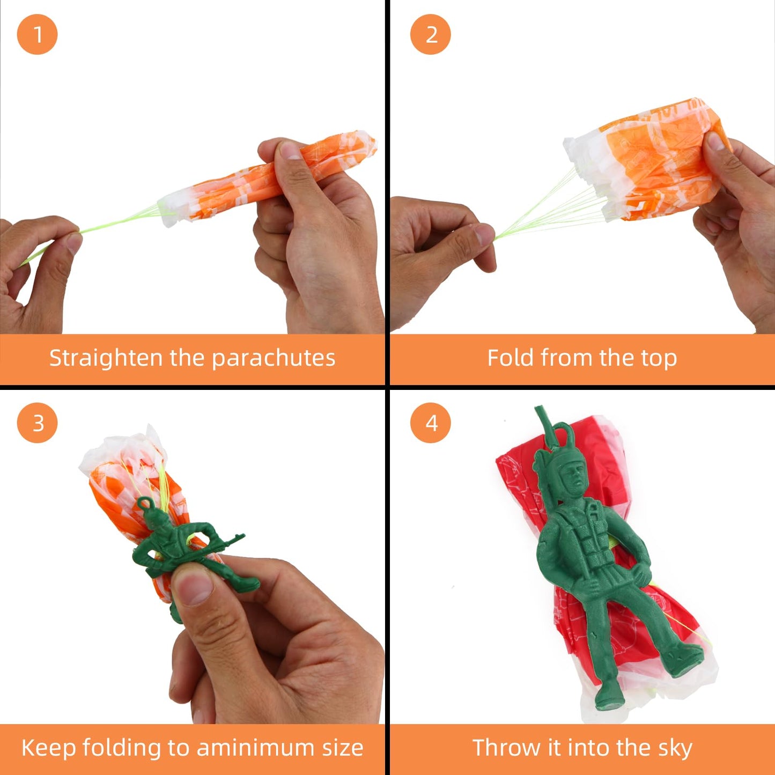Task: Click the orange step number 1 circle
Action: pyautogui.click(x=37, y=35)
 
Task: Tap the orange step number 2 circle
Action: pyautogui.click(x=430, y=35)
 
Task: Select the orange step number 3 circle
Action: pyautogui.click(x=37, y=423)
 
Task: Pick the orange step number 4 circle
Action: pyautogui.click(x=430, y=423)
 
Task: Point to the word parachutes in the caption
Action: pyautogui.click(x=274, y=358)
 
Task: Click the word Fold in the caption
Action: pyautogui.click(x=511, y=358)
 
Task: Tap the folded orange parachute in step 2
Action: pyautogui.click(x=654, y=161)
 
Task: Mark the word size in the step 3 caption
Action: pyautogui.click(x=342, y=748)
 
